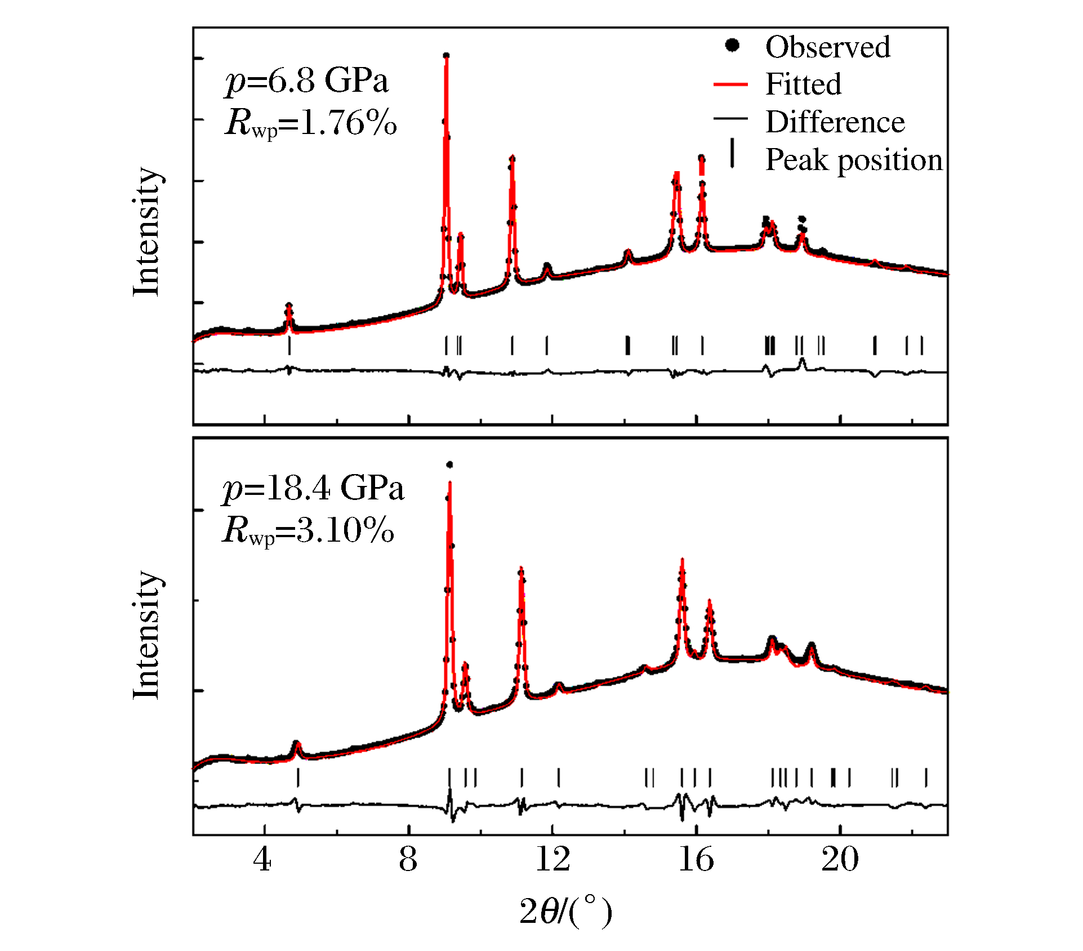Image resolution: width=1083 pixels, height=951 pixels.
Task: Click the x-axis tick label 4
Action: (262, 860)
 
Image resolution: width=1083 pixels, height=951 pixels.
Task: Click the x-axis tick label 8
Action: (408, 860)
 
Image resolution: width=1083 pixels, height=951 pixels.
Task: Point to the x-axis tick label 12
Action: (552, 860)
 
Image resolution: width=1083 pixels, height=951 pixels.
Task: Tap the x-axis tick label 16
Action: (696, 860)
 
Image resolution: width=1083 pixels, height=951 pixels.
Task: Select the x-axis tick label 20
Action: (840, 860)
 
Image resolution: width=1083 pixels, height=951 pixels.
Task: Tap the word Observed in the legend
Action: (827, 47)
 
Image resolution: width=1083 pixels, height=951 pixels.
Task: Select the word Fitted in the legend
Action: (803, 84)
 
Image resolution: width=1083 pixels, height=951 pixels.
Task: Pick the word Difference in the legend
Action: (835, 122)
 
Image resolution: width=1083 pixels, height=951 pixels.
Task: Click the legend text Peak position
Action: (854, 160)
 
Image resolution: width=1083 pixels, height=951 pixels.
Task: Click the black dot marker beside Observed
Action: (732, 45)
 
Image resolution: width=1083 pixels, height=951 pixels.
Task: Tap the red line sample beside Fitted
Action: (730, 84)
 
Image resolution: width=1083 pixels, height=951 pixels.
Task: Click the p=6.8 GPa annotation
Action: (307, 82)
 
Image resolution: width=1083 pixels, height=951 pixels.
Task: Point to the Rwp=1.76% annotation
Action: (311, 123)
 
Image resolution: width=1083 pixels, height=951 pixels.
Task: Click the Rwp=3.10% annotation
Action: (308, 530)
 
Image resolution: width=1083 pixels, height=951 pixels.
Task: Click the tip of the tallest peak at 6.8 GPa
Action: (446, 56)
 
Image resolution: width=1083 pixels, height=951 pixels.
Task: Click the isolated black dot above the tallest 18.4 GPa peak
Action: (449, 465)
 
